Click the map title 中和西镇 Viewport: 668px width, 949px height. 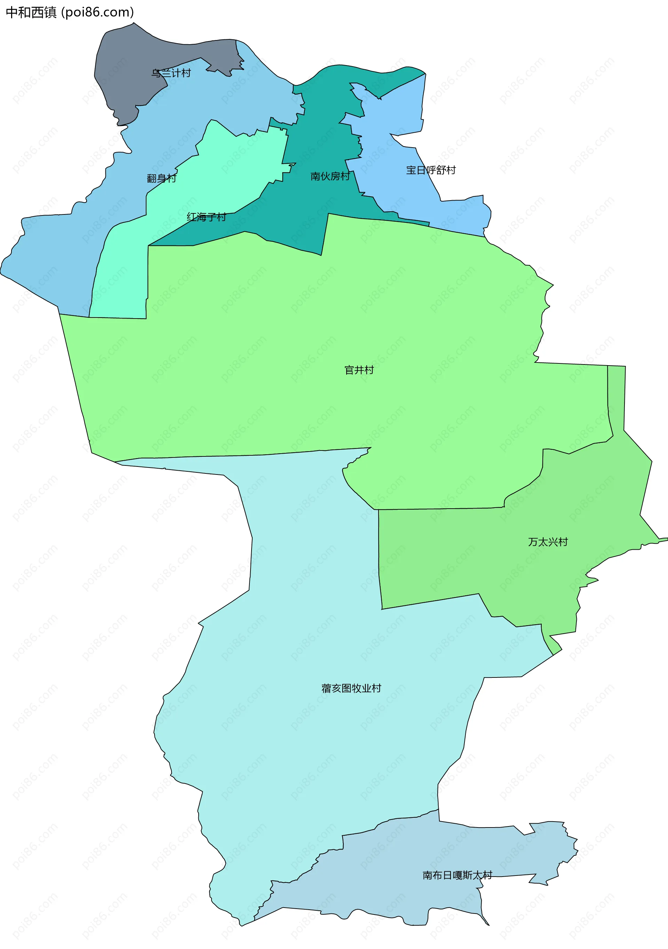(31, 13)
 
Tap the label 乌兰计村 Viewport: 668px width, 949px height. (171, 73)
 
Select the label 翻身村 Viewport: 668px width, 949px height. (161, 178)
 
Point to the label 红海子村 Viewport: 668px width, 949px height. (206, 217)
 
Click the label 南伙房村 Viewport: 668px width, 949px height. (330, 177)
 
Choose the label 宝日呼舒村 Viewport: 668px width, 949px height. (431, 170)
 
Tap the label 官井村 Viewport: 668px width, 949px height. (359, 370)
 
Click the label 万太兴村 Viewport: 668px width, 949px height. (548, 542)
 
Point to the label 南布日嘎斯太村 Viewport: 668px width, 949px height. (457, 875)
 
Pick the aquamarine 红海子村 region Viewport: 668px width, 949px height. (231, 165)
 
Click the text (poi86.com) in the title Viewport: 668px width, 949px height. (97, 13)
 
